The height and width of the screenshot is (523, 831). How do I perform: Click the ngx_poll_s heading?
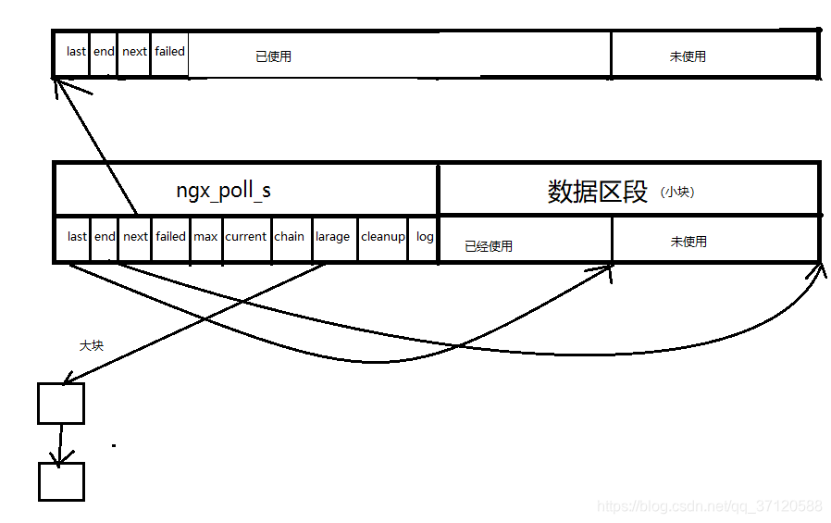[x=224, y=191]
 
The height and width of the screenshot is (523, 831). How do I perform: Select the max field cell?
[x=205, y=237]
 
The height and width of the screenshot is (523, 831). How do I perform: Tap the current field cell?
[x=246, y=237]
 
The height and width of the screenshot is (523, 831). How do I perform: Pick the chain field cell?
[x=289, y=237]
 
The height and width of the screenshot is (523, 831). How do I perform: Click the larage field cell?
[x=332, y=237]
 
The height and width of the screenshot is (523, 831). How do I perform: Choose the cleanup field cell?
[x=383, y=237]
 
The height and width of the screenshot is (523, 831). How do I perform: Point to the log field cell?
[x=425, y=237]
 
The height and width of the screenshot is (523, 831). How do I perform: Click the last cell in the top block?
[x=76, y=52]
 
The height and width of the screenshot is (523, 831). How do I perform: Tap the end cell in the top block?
[x=104, y=52]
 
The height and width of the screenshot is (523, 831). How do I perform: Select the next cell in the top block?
[x=134, y=52]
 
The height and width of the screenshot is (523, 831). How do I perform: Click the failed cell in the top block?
[x=169, y=52]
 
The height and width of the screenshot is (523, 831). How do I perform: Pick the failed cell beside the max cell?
[x=170, y=237]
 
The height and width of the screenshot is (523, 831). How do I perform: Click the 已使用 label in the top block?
[x=273, y=56]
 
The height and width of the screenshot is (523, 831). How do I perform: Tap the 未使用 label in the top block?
[x=688, y=56]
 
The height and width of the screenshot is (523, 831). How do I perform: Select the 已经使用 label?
[x=489, y=246]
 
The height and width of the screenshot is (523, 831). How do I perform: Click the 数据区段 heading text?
[x=598, y=192]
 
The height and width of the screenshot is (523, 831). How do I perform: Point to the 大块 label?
[x=91, y=345]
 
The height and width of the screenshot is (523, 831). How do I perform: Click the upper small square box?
[x=61, y=404]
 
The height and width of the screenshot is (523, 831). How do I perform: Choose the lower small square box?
[x=61, y=481]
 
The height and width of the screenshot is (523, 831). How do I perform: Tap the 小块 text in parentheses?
[x=677, y=193]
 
